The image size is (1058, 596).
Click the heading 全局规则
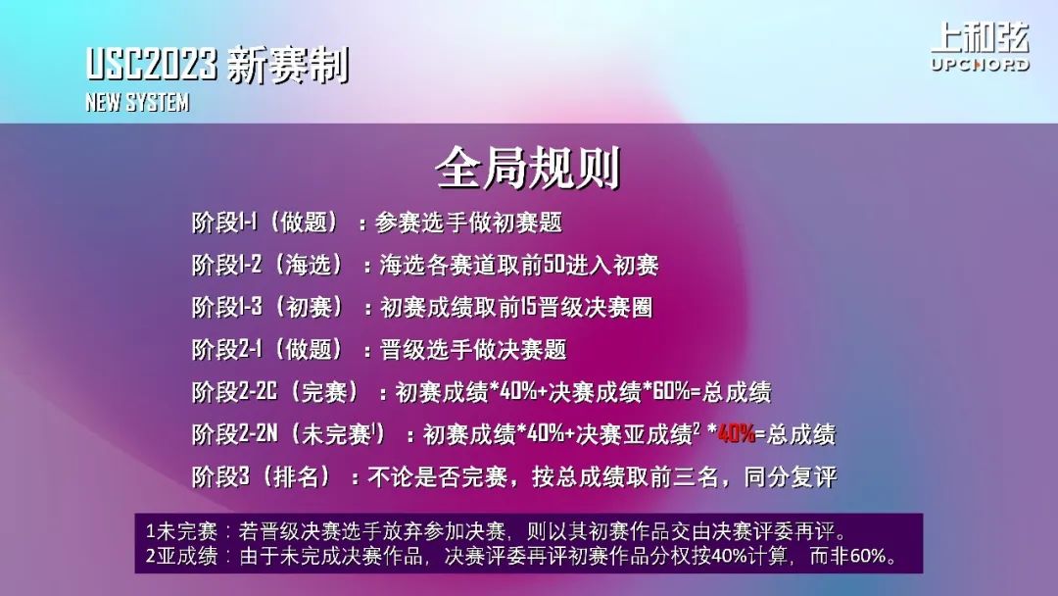click(x=528, y=168)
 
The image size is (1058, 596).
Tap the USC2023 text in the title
click(x=152, y=65)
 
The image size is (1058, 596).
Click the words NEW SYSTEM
click(x=138, y=102)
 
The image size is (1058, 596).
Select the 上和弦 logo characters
click(x=981, y=37)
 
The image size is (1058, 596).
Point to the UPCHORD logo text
click(x=981, y=65)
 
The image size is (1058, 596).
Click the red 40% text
click(x=737, y=433)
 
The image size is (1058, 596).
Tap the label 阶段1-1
click(x=224, y=223)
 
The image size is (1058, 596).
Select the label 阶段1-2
click(x=226, y=265)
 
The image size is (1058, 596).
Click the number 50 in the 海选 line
click(x=553, y=265)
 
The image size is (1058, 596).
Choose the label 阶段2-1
click(x=226, y=350)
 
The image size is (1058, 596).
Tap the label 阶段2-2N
click(x=235, y=434)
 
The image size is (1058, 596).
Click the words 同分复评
click(x=791, y=476)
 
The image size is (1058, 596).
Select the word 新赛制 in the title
click(x=288, y=66)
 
